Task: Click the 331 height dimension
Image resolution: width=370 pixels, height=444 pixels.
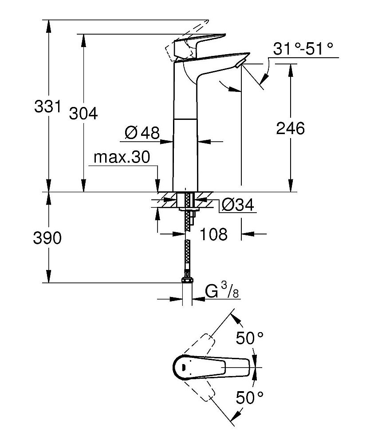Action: tap(46, 106)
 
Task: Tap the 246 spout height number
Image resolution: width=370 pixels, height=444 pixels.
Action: tap(291, 128)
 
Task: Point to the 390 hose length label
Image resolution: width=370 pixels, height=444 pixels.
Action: tap(47, 238)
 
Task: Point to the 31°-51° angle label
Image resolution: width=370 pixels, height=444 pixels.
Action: tap(303, 49)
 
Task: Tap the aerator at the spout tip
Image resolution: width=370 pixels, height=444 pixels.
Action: tap(240, 65)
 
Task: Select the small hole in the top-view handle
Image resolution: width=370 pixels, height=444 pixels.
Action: tap(182, 367)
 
